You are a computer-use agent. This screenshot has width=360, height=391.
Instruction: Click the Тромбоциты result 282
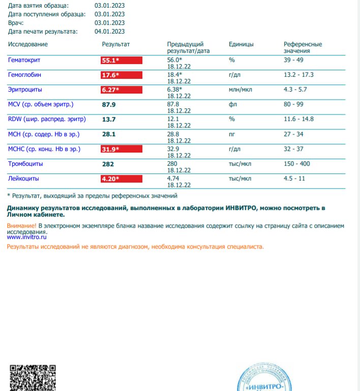pos(108,164)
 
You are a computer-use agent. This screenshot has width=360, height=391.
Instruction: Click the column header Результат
pos(116,44)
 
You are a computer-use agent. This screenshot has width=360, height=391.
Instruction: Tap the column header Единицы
pos(241,44)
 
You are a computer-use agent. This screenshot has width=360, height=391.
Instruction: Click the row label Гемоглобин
pos(25,75)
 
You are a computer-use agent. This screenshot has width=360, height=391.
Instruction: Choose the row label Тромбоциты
pos(25,164)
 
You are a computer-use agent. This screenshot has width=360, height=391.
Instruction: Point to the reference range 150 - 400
pos(296,164)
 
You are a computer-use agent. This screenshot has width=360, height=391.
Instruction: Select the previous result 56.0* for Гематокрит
pos(174,60)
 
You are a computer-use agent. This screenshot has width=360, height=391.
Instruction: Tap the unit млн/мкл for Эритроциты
pos(241,90)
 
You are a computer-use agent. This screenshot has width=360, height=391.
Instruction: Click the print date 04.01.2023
pos(109,32)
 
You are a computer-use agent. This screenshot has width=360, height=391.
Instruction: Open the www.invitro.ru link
pos(27,237)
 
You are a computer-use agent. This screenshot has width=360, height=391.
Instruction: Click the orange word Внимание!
pos(22,225)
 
